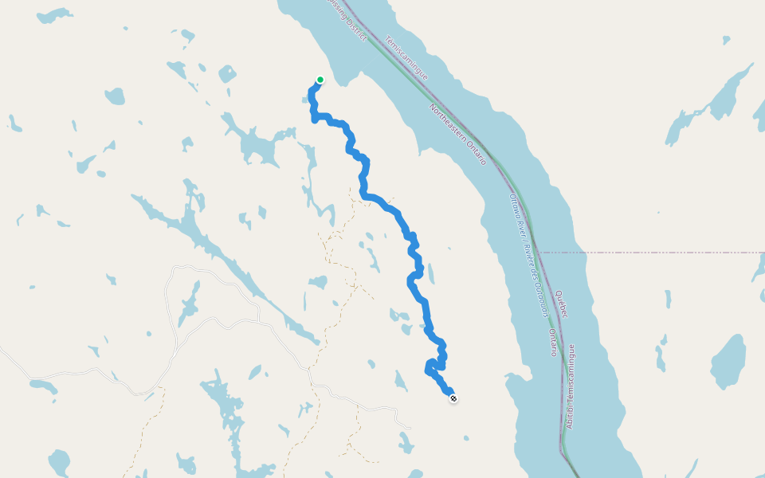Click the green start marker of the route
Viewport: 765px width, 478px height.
pos(320,80)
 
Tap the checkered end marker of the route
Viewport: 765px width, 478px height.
pos(453,398)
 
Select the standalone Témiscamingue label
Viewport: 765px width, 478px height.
pos(406,58)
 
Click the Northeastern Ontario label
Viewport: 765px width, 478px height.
pos(457,135)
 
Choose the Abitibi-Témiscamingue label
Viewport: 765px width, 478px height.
pos(571,386)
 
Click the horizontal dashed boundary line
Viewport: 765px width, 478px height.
pos(653,252)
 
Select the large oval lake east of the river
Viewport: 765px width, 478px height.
pos(728,361)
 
